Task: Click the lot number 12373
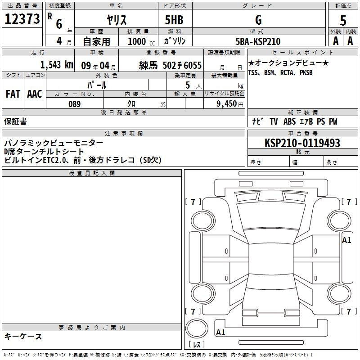(x=22, y=19)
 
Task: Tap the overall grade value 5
(x=343, y=21)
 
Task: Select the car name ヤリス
(x=117, y=20)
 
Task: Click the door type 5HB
(x=174, y=20)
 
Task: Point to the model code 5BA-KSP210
(x=258, y=41)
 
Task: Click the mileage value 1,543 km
(x=57, y=65)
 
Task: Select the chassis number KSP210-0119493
(x=302, y=143)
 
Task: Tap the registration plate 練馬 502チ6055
(x=171, y=65)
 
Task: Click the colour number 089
(x=75, y=104)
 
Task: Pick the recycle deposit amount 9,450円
(x=230, y=104)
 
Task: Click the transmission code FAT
(x=13, y=94)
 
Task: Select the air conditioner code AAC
(x=35, y=94)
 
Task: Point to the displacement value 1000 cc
(x=141, y=41)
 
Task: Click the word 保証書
(x=15, y=121)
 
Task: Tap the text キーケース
(x=23, y=336)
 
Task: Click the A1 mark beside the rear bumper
(x=220, y=332)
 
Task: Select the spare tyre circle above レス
(x=197, y=328)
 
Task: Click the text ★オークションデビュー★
(x=288, y=63)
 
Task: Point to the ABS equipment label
(x=289, y=121)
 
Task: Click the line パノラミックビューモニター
(x=54, y=143)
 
